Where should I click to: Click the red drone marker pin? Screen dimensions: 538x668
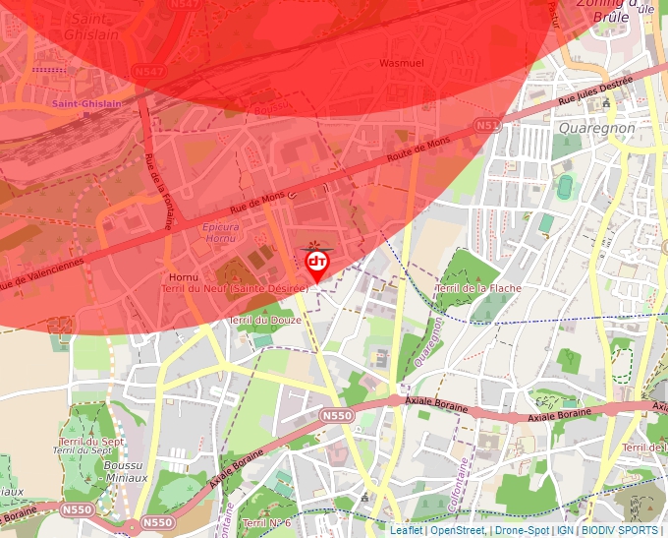pyautogui.click(x=316, y=264)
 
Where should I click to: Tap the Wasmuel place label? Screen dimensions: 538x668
pyautogui.click(x=401, y=63)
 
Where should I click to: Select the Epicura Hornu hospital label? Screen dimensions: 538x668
pyautogui.click(x=220, y=232)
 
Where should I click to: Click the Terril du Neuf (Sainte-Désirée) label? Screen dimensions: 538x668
pyautogui.click(x=237, y=288)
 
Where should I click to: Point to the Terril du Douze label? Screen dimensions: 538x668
pyautogui.click(x=265, y=321)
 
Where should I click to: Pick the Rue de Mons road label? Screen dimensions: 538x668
pyautogui.click(x=256, y=203)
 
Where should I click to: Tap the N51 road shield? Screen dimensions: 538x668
pyautogui.click(x=486, y=126)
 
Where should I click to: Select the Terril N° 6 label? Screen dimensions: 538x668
pyautogui.click(x=266, y=522)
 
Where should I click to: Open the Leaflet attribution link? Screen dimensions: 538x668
pyautogui.click(x=406, y=530)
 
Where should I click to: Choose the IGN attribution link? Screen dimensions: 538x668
pyautogui.click(x=565, y=530)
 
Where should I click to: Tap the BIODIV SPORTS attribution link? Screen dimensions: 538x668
pyautogui.click(x=618, y=530)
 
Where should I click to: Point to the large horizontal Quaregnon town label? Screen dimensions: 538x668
pyautogui.click(x=595, y=128)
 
